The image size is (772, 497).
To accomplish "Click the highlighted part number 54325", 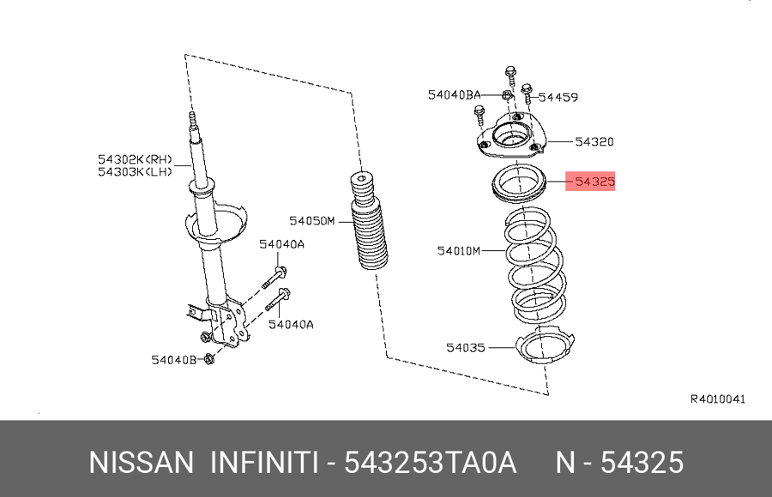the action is [594, 182].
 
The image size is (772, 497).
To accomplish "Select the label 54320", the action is [594, 141].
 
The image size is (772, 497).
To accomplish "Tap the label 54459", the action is [558, 98].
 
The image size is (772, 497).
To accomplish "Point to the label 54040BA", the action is [454, 95].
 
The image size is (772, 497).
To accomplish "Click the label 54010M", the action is [458, 251].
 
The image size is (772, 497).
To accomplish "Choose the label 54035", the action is [466, 348].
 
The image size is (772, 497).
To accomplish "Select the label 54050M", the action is [311, 221].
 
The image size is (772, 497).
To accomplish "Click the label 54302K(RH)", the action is [135, 159].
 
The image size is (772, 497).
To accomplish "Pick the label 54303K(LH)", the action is [135, 171].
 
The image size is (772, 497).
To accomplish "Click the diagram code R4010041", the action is [718, 399].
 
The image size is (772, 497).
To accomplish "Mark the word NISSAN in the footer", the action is [142, 463].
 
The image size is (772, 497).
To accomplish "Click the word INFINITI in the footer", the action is [264, 463].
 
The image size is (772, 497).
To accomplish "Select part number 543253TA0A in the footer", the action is [430, 463].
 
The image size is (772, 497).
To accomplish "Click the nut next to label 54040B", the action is [208, 359].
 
